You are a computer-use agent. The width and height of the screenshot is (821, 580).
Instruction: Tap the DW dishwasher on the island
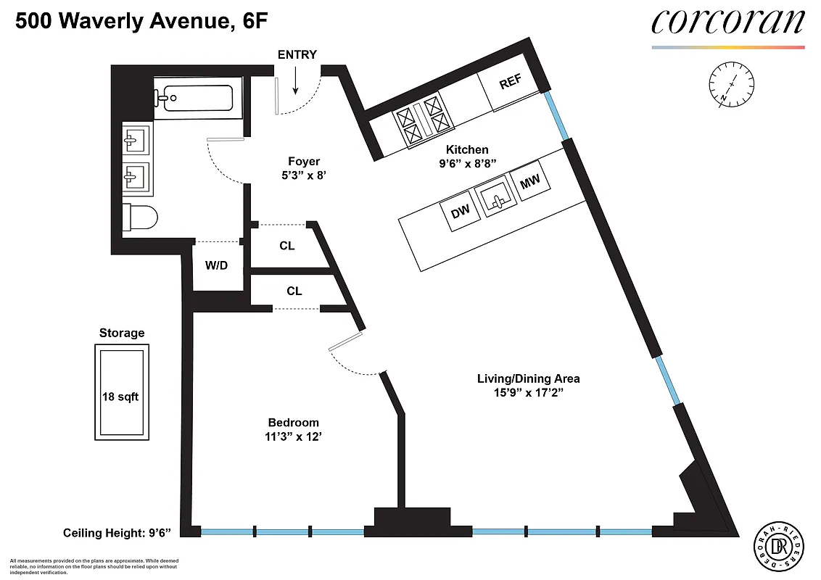click(x=460, y=212)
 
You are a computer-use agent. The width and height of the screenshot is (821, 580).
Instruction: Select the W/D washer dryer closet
click(x=216, y=265)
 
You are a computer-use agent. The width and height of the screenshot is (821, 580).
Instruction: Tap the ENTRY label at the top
click(x=297, y=55)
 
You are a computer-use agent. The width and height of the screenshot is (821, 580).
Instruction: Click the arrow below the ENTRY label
click(x=296, y=82)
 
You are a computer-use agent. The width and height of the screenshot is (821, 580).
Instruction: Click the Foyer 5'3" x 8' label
click(x=303, y=168)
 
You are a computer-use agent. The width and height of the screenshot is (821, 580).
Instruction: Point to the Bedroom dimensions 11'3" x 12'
click(x=293, y=436)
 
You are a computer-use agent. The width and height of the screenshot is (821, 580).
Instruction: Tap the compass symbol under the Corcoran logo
click(x=733, y=85)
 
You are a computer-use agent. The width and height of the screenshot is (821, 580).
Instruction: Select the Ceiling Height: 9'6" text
click(x=117, y=534)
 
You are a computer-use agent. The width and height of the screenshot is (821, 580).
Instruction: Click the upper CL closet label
click(x=287, y=246)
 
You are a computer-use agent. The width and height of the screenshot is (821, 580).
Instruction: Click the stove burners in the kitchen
click(x=423, y=120)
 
